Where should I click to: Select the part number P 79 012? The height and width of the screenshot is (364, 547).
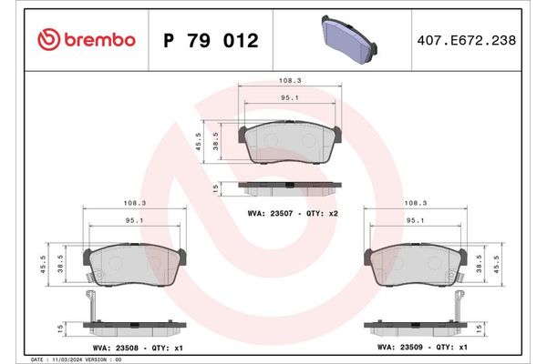pyautogui.click(x=210, y=41)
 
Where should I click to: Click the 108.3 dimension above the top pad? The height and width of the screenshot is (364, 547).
pyautogui.click(x=291, y=80)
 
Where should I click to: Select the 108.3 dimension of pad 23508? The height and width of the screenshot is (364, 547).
pyautogui.click(x=135, y=204)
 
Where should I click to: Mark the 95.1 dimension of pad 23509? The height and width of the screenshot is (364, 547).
pyautogui.click(x=416, y=220)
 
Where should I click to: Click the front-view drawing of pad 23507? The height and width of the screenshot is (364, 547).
pyautogui.click(x=290, y=146)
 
